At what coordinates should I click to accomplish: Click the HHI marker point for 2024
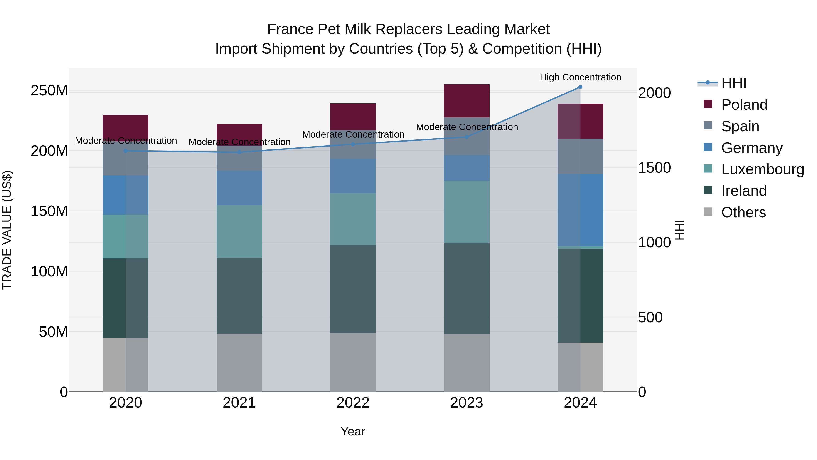pos(580,87)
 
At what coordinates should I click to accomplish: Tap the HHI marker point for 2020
pos(126,151)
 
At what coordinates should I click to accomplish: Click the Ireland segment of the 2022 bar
pos(353,289)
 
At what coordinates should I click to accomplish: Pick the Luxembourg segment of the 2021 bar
pos(239,231)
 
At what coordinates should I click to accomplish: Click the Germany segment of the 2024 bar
pos(580,210)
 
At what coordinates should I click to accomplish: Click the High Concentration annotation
pos(580,77)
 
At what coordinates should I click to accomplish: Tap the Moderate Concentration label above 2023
pos(467,127)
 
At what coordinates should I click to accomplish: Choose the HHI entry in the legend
pos(733,83)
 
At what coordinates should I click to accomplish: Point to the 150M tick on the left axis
pos(49,211)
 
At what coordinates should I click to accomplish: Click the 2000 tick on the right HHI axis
pos(654,93)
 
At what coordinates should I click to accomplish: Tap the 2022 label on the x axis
pos(353,403)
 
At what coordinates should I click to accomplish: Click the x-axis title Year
pos(353,431)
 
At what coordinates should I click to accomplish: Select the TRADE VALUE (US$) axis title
pos(7,230)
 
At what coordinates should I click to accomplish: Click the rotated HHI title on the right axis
pos(679,230)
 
